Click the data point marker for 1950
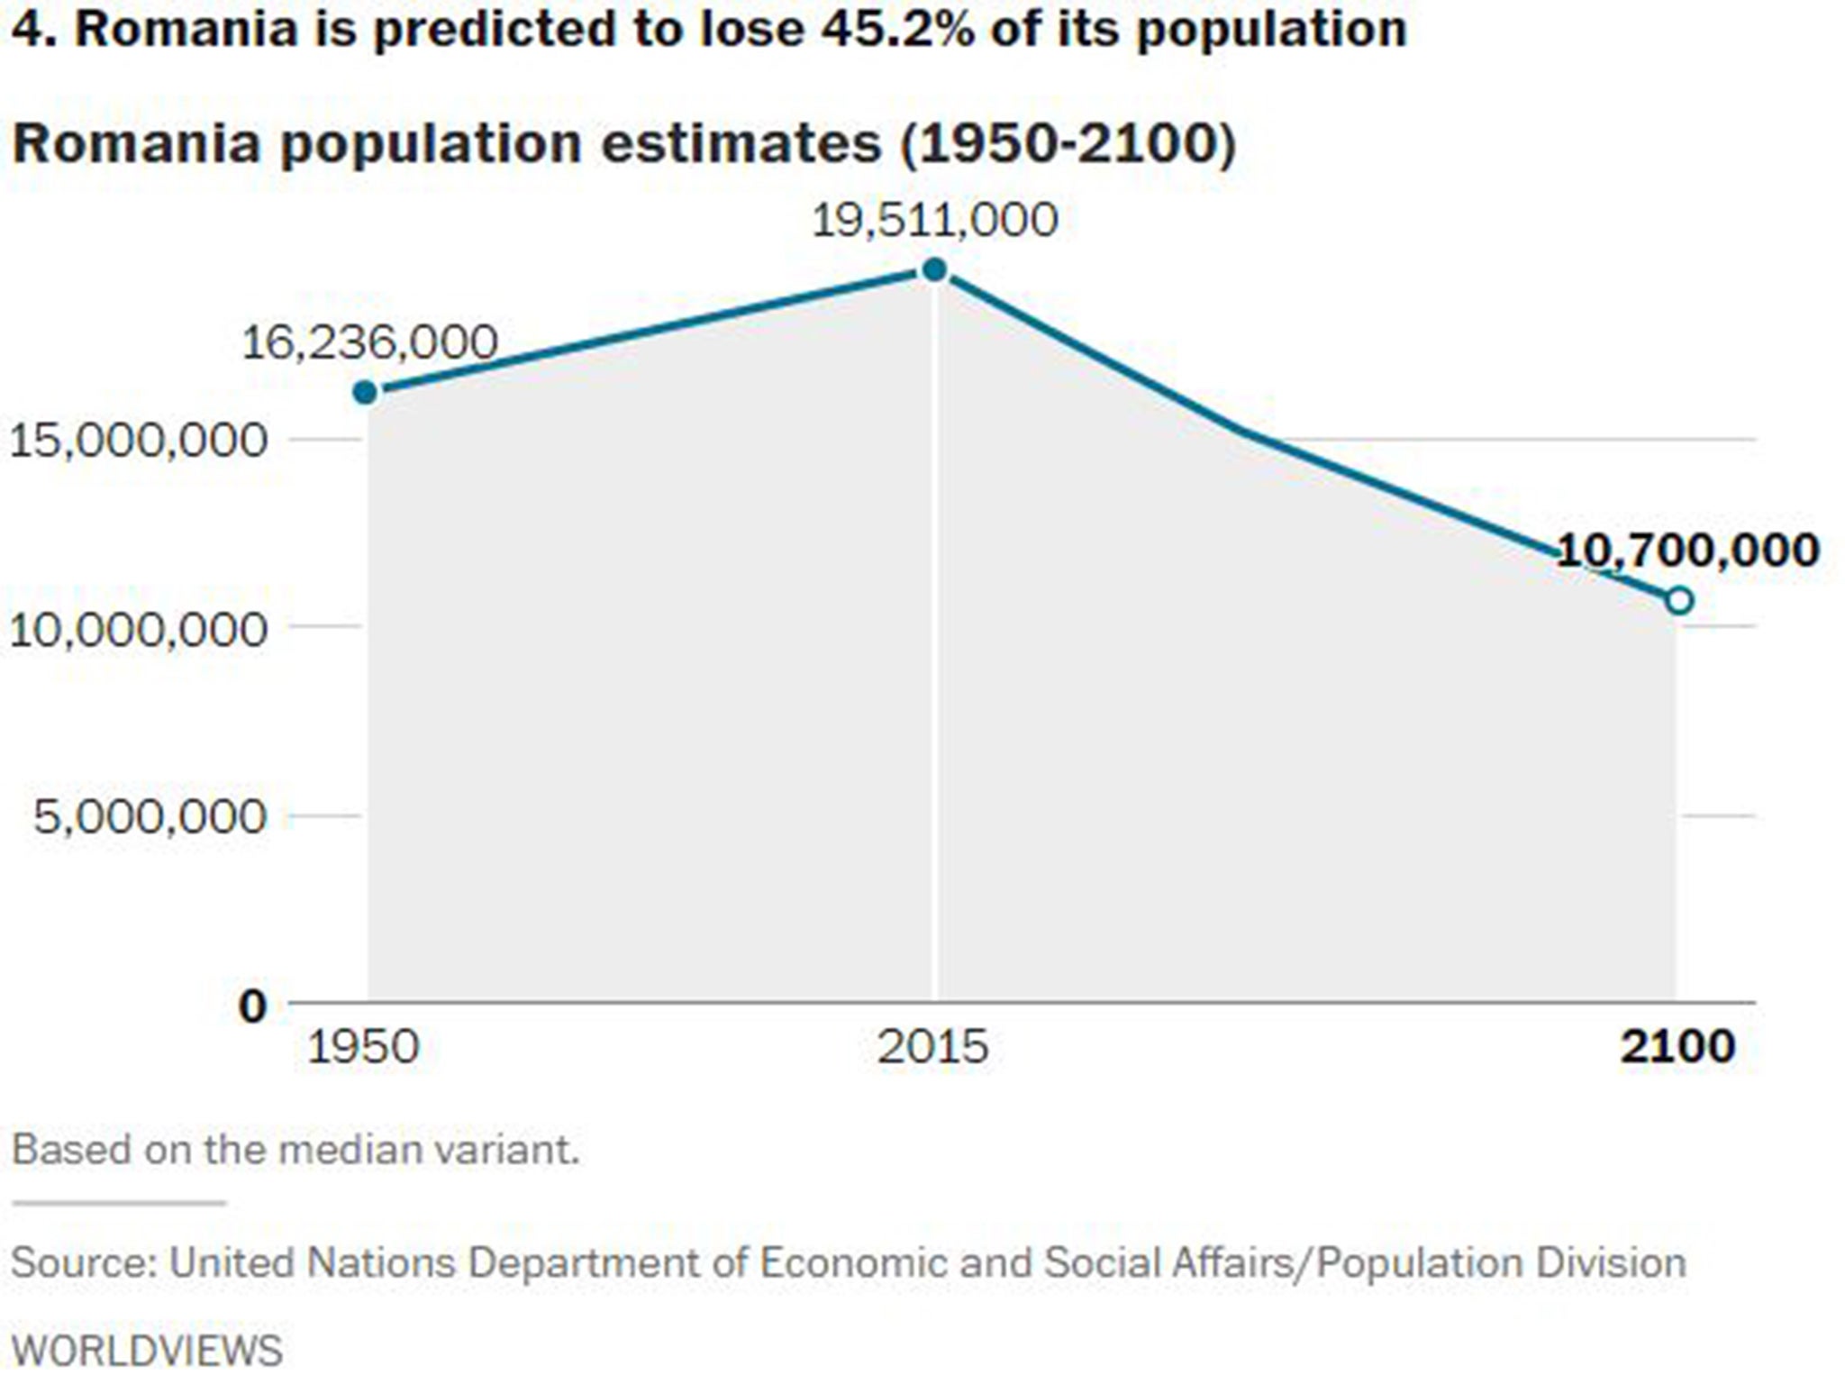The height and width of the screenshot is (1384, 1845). [x=365, y=392]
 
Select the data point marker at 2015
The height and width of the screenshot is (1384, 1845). [x=935, y=269]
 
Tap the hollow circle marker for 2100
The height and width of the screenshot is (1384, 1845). [x=1679, y=600]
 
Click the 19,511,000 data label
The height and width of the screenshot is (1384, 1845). [x=934, y=221]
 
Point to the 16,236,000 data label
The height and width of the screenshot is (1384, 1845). [x=369, y=342]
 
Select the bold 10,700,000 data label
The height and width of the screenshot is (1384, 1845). [x=1687, y=550]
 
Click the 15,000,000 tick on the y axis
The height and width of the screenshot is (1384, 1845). [x=138, y=441]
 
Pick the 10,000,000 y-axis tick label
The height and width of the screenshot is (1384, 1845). [x=138, y=629]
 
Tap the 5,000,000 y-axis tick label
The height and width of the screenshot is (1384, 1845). [x=150, y=817]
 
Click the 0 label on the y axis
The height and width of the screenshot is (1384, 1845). [x=253, y=1006]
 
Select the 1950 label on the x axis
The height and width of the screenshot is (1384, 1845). [x=363, y=1048]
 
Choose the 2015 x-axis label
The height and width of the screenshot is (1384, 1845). [x=932, y=1048]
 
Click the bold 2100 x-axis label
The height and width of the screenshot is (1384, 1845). [x=1677, y=1048]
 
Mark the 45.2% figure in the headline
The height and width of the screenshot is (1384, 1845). [x=897, y=29]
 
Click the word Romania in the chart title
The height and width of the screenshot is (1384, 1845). [x=136, y=143]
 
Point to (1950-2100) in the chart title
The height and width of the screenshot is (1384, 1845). [x=1068, y=143]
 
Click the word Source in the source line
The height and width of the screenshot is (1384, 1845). [x=84, y=1262]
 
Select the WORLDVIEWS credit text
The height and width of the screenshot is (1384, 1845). [x=147, y=1352]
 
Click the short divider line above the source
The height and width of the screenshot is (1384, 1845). [x=118, y=1203]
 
